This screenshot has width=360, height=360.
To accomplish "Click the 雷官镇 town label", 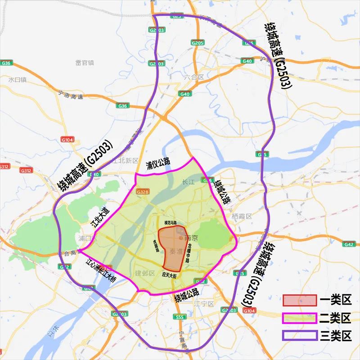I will tap(85, 62).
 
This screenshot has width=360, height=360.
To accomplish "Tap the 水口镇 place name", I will tap(18, 80).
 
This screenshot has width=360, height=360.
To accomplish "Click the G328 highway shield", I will tap(142, 192).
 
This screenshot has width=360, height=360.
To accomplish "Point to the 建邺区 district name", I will tap(145, 273).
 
